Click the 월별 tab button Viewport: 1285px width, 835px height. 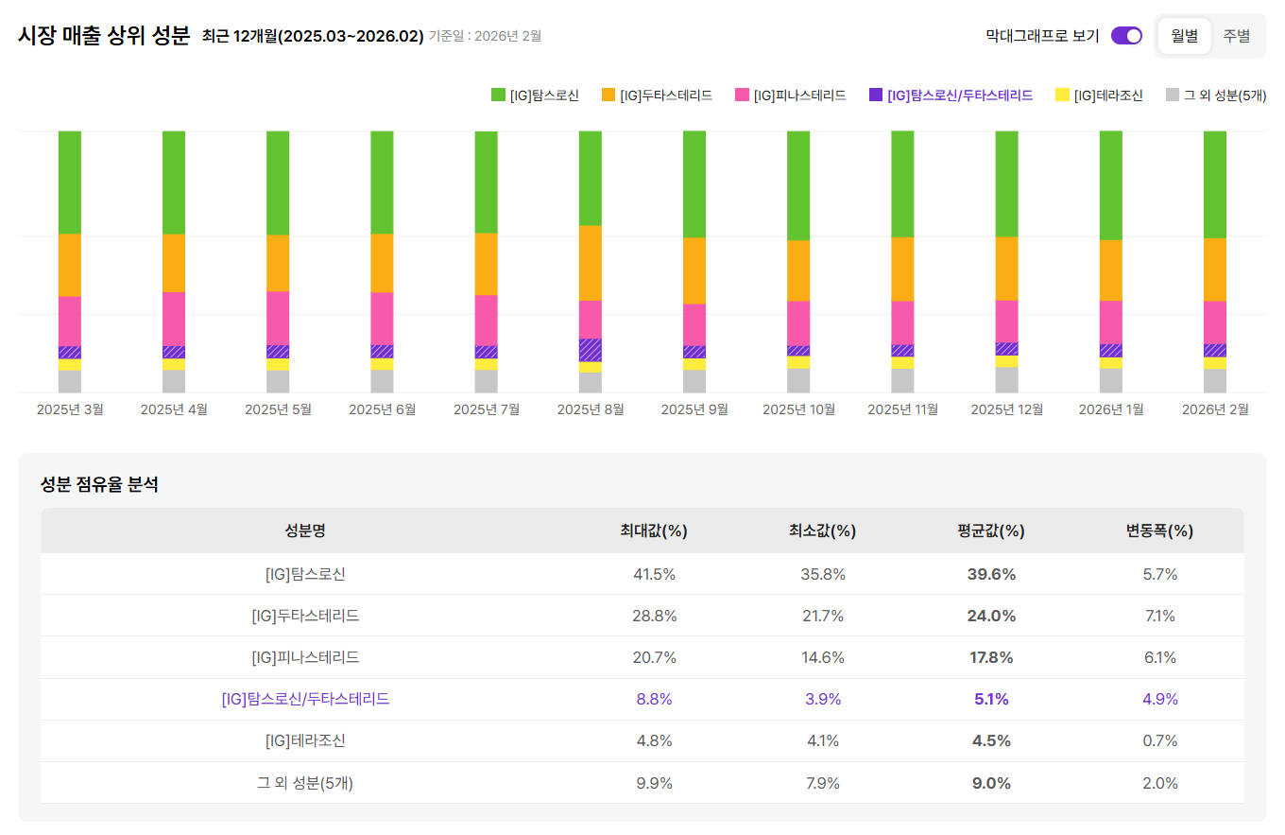pyautogui.click(x=1184, y=36)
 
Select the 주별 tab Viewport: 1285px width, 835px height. pyautogui.click(x=1236, y=36)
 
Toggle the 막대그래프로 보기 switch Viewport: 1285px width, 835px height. pyautogui.click(x=1126, y=36)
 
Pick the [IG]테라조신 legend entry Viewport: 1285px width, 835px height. pyautogui.click(x=1099, y=95)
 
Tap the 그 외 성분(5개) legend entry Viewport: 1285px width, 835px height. pyautogui.click(x=1215, y=95)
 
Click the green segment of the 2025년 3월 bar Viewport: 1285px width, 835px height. pyautogui.click(x=70, y=182)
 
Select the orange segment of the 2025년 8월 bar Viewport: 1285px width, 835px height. pyautogui.click(x=591, y=263)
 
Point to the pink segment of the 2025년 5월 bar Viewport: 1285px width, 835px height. pyautogui.click(x=278, y=318)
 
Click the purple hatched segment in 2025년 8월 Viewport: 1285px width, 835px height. pyautogui.click(x=591, y=350)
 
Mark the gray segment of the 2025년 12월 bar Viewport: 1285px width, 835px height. pyautogui.click(x=1006, y=379)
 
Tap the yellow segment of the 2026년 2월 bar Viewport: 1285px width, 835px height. pyautogui.click(x=1214, y=363)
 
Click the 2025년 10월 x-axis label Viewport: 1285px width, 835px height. pyautogui.click(x=798, y=409)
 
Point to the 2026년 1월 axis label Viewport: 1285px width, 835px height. pyautogui.click(x=1110, y=409)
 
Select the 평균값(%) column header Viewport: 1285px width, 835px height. pyautogui.click(x=990, y=531)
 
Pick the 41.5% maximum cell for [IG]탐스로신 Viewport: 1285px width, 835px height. pyautogui.click(x=654, y=574)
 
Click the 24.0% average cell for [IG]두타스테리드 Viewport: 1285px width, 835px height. pyautogui.click(x=990, y=616)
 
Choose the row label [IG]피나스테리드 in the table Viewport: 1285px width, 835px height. pyautogui.click(x=305, y=657)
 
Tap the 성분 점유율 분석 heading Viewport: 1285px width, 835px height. pyautogui.click(x=99, y=485)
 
